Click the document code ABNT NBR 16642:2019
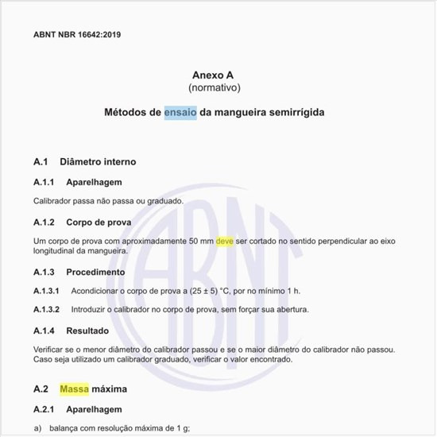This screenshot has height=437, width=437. [77, 35]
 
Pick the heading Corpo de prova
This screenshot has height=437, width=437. [99, 222]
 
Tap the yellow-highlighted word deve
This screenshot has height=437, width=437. [225, 241]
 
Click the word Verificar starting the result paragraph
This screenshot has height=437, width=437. [52, 350]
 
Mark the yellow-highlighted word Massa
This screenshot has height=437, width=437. [74, 389]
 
